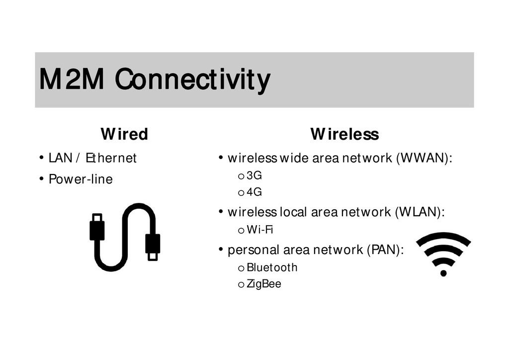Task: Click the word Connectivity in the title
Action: (x=192, y=80)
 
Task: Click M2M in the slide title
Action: (x=71, y=80)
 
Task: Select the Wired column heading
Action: (x=124, y=134)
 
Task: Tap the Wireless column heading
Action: (x=344, y=134)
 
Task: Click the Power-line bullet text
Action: (x=81, y=179)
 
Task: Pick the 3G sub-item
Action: (x=254, y=176)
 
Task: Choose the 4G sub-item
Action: (x=254, y=192)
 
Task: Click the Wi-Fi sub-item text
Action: (x=260, y=230)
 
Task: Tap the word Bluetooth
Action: (x=272, y=268)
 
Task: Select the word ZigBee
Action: (x=264, y=284)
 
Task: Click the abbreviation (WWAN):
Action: (x=424, y=159)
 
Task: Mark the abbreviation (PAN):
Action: (x=385, y=250)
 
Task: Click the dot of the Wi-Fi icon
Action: (x=443, y=272)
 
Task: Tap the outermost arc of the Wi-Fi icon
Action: (x=443, y=237)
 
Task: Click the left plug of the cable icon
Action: (x=97, y=228)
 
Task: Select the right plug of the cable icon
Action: (x=153, y=244)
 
